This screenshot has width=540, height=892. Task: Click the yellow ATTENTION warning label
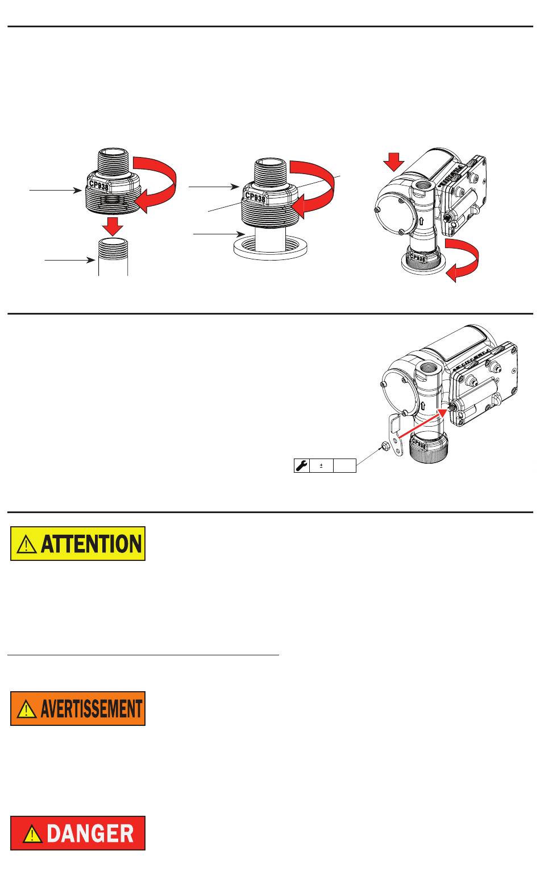click(x=78, y=543)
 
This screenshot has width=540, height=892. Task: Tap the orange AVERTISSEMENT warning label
click(x=78, y=708)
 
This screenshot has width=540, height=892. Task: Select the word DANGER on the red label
click(x=90, y=833)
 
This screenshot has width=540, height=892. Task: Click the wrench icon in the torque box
click(x=301, y=465)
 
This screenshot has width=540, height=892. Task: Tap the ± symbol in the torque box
click(x=321, y=465)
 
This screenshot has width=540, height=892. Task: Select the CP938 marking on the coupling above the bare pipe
click(x=99, y=185)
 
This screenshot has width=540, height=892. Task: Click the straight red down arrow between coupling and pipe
click(x=112, y=226)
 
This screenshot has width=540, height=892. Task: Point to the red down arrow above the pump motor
click(x=394, y=162)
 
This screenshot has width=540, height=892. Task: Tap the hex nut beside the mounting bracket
click(x=385, y=446)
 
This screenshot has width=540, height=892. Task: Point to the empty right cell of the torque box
click(x=344, y=465)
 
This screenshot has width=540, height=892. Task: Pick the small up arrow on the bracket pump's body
click(x=422, y=407)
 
